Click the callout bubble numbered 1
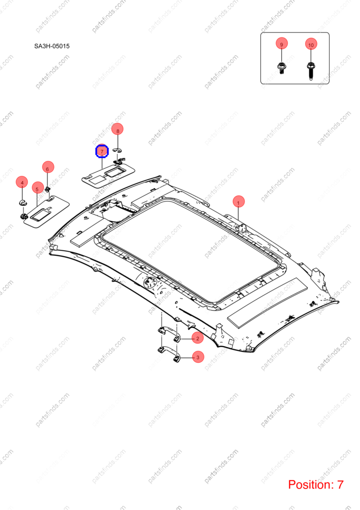pyautogui.click(x=239, y=202)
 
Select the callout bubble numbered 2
pyautogui.click(x=197, y=338)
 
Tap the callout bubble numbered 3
pyautogui.click(x=198, y=357)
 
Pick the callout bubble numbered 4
pyautogui.click(x=22, y=183)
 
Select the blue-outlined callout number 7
pyautogui.click(x=102, y=152)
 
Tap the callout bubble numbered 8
pyautogui.click(x=118, y=130)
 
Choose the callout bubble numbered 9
pyautogui.click(x=281, y=44)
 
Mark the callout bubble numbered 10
pyautogui.click(x=311, y=44)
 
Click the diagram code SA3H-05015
pyautogui.click(x=52, y=46)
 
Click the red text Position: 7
pyautogui.click(x=315, y=485)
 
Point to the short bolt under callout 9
pyautogui.click(x=281, y=69)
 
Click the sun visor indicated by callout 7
pyautogui.click(x=108, y=175)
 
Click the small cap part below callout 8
pyautogui.click(x=117, y=150)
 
